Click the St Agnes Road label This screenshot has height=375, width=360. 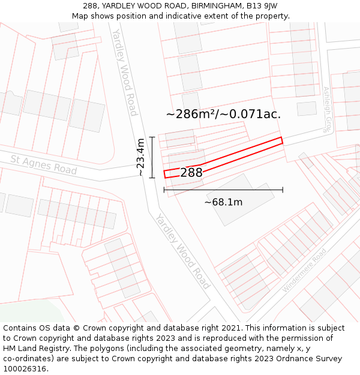pos(44,165)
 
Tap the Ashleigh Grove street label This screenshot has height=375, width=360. pos(328,109)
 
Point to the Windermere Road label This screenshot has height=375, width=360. pos(304,271)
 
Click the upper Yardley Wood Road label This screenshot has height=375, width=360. pos(125,72)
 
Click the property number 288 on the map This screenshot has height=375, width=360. pos(191,173)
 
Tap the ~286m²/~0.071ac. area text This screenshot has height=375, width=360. pos(223,113)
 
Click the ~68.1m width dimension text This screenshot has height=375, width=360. pos(223,202)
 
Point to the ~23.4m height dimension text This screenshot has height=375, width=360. pos(140,157)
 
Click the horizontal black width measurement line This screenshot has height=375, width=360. pos(223,190)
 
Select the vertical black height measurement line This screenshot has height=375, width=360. pos(152,157)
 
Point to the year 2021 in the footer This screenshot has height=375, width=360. pos(230,328)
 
